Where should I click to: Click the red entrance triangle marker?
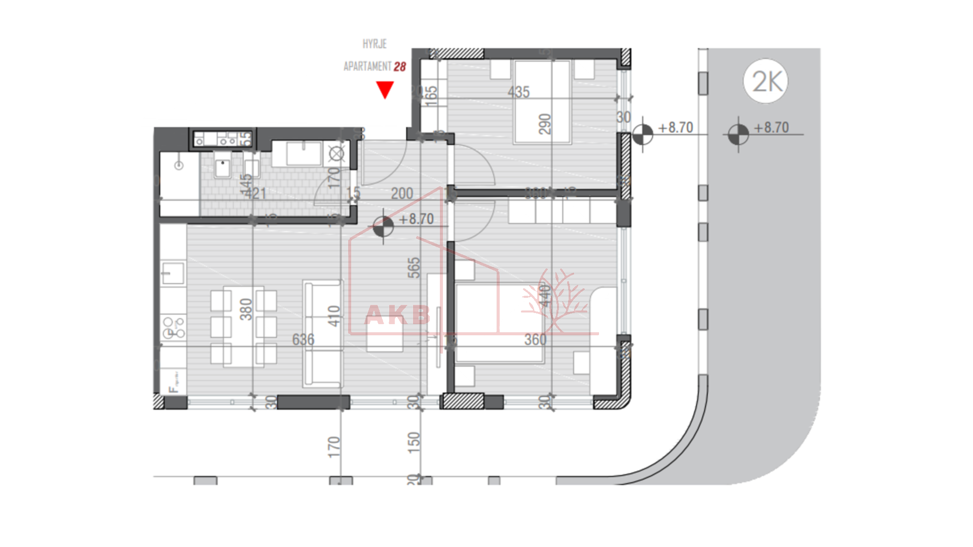[x=385, y=90]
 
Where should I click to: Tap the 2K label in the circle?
[x=767, y=81]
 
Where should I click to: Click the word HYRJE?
[x=375, y=44]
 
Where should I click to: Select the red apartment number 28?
[x=400, y=67]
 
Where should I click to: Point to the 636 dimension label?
[x=303, y=339]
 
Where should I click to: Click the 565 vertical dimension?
[x=414, y=267]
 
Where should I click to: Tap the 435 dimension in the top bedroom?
[x=518, y=92]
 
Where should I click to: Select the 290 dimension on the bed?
[x=545, y=124]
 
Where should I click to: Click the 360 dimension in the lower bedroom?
[x=535, y=339]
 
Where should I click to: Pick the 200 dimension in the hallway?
[x=402, y=193]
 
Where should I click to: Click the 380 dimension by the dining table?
[x=246, y=309]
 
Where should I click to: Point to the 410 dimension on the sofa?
[x=333, y=316]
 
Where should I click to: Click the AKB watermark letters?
[x=397, y=316]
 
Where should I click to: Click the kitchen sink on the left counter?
[x=173, y=273]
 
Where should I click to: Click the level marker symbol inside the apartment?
[x=383, y=226]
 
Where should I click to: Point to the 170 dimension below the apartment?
[x=333, y=447]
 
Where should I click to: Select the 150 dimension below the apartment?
[x=414, y=442]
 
